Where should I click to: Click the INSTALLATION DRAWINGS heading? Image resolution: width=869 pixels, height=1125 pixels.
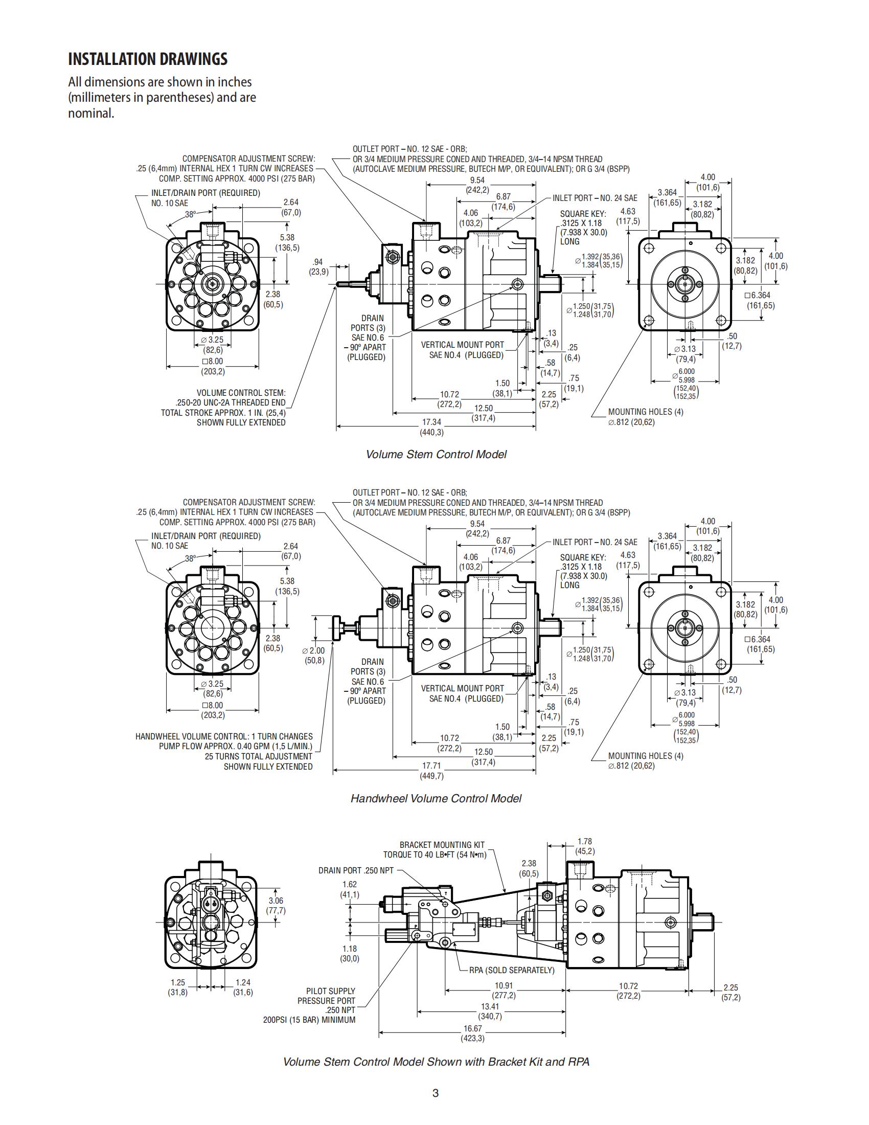click(148, 59)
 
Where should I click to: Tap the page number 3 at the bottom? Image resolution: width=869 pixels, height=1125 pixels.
click(435, 1093)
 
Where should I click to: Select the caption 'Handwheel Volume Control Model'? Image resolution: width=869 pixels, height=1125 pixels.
click(436, 798)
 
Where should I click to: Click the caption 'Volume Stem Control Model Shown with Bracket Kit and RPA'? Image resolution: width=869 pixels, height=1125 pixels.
click(436, 1062)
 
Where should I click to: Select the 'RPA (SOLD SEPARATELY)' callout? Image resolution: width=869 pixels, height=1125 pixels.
click(511, 971)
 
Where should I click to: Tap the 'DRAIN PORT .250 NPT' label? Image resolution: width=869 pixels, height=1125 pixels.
click(356, 870)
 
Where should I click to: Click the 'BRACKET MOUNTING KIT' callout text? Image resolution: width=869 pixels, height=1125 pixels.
click(442, 845)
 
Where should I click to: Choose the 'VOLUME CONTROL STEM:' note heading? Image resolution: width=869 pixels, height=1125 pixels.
click(240, 393)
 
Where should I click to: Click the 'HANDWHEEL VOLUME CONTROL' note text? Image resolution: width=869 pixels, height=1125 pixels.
click(223, 736)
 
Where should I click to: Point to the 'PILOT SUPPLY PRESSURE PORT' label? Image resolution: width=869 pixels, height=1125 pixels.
click(327, 996)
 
